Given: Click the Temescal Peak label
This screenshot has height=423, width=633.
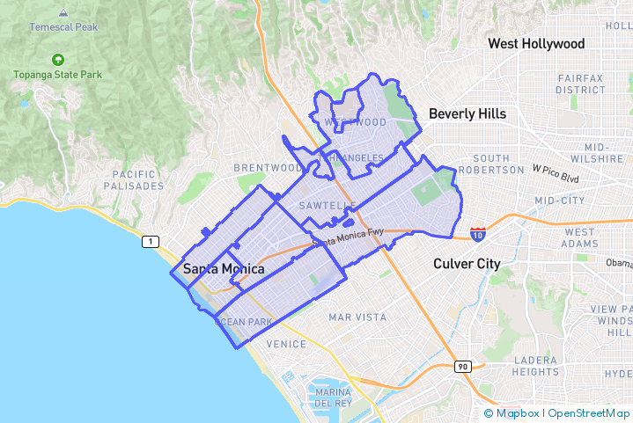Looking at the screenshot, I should (63, 27).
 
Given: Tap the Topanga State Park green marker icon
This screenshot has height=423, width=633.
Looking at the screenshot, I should (58, 61).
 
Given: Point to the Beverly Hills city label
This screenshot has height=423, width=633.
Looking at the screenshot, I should (467, 113).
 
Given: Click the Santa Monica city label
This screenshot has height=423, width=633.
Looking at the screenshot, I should (223, 268).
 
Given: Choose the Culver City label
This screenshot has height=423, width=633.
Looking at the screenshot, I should (467, 263).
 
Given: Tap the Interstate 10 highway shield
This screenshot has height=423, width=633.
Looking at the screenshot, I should (476, 234).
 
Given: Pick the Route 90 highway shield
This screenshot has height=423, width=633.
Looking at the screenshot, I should (462, 366).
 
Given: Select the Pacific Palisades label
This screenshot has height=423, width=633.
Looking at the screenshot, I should (133, 180).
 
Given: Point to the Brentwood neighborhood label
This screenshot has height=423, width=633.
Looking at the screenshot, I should (268, 167).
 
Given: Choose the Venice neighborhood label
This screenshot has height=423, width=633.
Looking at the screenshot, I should (285, 343).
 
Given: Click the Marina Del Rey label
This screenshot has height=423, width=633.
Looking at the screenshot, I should (333, 397).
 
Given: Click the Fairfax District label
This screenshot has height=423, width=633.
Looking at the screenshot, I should (580, 84).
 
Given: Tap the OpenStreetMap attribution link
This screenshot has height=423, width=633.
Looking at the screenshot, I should (588, 413).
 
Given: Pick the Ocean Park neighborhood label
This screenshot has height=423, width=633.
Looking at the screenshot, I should (244, 322).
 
